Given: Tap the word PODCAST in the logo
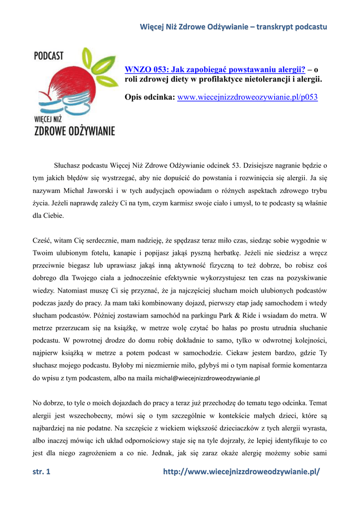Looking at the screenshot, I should point(49,55).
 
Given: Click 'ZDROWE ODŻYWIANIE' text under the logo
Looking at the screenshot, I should point(74,131).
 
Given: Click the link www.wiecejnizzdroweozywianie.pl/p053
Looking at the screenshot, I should point(247,97).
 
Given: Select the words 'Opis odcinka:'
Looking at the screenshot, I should point(149,97).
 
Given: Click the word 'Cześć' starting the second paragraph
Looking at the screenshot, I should point(42,241).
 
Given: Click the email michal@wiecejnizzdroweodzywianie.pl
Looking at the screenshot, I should point(208,378).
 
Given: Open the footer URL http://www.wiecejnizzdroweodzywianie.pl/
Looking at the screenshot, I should point(242,472).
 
